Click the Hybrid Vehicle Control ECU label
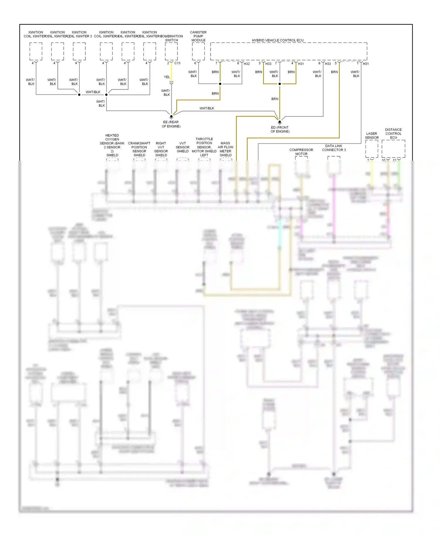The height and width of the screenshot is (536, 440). [277, 40]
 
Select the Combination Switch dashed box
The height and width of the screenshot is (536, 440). [171, 51]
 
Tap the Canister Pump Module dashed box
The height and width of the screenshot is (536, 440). [198, 51]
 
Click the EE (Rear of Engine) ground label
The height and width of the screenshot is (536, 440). [171, 124]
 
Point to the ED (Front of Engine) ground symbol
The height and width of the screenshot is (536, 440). [280, 122]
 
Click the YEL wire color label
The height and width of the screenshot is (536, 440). [167, 77]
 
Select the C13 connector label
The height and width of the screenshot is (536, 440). [177, 63]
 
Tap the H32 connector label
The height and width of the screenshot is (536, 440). [247, 64]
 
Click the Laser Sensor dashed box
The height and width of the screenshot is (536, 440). [372, 149]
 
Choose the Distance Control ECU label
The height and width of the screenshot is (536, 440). [393, 133]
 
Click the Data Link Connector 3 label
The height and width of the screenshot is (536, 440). [334, 148]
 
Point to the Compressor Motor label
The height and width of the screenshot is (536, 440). [301, 152]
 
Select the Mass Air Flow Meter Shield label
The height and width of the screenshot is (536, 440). [226, 149]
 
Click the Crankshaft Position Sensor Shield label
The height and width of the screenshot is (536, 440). [139, 149]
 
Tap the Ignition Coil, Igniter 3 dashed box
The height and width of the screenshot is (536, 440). [79, 51]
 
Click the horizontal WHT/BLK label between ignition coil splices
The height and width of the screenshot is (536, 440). [93, 92]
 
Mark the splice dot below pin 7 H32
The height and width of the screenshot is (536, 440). [220, 84]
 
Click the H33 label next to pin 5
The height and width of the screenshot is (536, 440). [268, 64]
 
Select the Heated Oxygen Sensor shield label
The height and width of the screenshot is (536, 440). [112, 145]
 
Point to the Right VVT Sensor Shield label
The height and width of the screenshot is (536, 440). [161, 149]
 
